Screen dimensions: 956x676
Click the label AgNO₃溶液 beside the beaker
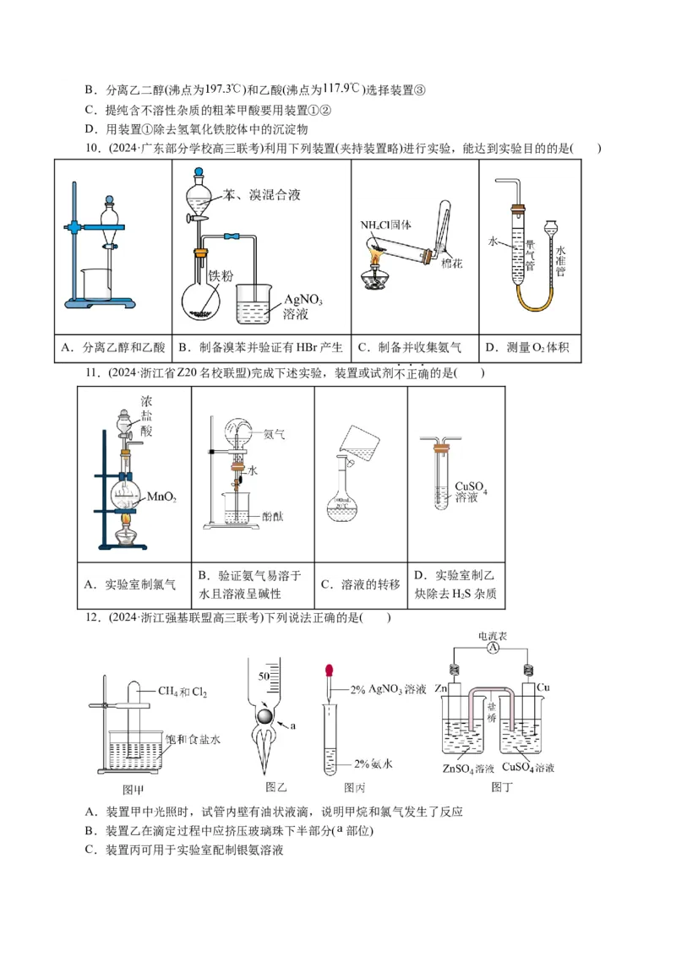pos(303,307)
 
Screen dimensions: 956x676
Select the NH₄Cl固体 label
pos(384,225)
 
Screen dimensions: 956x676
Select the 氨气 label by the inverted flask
pos(274,434)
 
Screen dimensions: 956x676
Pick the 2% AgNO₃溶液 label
pos(388,690)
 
